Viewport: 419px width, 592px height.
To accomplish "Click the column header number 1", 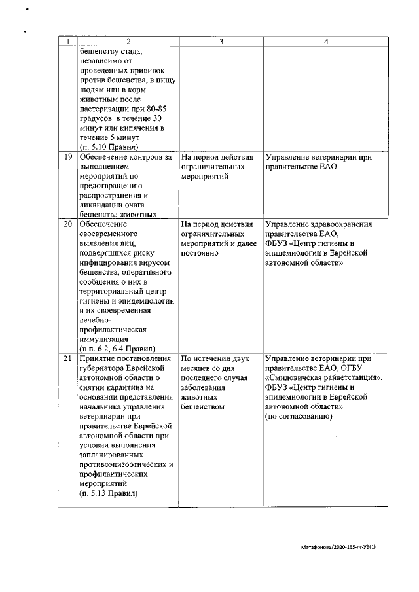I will (x=67, y=42).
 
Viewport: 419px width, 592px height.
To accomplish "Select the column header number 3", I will (x=220, y=42).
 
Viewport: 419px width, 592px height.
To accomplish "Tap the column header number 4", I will (x=326, y=42).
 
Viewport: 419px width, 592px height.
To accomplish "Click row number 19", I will (x=67, y=158).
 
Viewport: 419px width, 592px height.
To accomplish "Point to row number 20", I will (x=67, y=224).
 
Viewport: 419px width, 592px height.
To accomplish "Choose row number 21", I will (x=67, y=359).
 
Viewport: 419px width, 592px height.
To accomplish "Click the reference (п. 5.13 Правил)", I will (x=108, y=493).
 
